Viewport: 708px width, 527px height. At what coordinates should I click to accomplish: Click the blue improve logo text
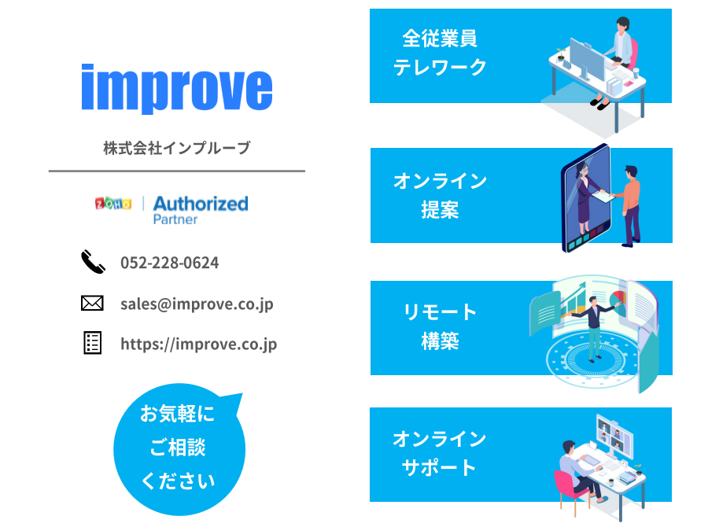click(176, 89)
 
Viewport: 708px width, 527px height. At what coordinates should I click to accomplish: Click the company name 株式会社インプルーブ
click(176, 148)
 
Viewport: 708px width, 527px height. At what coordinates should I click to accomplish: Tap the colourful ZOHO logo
click(112, 204)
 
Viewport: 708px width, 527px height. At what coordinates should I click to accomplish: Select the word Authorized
click(201, 204)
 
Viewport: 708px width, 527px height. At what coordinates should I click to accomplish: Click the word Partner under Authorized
click(175, 219)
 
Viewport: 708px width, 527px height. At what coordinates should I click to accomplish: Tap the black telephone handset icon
click(93, 261)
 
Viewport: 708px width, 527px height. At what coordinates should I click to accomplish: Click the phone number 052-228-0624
click(169, 263)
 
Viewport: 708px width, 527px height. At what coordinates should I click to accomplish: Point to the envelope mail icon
click(92, 303)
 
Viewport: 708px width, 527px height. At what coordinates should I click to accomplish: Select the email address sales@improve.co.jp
click(197, 304)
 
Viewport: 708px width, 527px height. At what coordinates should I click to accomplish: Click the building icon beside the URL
click(93, 343)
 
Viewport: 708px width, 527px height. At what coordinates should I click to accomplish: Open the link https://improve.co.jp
click(199, 344)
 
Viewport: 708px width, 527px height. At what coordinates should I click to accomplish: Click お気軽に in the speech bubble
click(177, 414)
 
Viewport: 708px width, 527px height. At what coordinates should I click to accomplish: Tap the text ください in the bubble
click(178, 481)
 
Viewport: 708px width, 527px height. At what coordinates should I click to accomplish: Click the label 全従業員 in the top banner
click(440, 39)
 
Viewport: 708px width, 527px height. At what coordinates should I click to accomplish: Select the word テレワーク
click(440, 68)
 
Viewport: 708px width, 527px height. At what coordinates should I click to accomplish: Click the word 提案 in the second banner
click(440, 210)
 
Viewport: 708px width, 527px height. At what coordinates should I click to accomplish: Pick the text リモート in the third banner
click(440, 312)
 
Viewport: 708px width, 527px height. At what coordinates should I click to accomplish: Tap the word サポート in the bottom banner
click(439, 467)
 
